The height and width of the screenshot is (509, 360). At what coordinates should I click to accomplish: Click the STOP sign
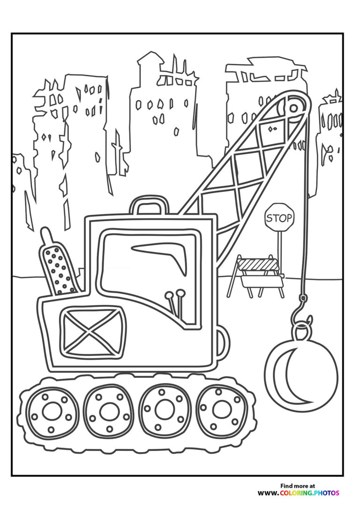(x=279, y=217)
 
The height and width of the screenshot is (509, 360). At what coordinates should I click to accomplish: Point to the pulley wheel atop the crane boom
(x=293, y=108)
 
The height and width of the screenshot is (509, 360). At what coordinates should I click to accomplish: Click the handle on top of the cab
(x=150, y=205)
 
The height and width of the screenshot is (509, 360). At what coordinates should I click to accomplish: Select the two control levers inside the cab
(x=174, y=303)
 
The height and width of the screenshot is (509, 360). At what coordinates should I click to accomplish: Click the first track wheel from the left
(x=52, y=411)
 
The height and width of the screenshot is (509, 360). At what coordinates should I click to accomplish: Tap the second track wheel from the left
(x=109, y=411)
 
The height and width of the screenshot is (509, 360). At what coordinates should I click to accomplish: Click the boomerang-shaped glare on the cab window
(x=162, y=254)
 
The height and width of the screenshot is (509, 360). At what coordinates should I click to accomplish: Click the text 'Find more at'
(x=298, y=486)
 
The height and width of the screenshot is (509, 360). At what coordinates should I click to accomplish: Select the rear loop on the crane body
(x=223, y=343)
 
